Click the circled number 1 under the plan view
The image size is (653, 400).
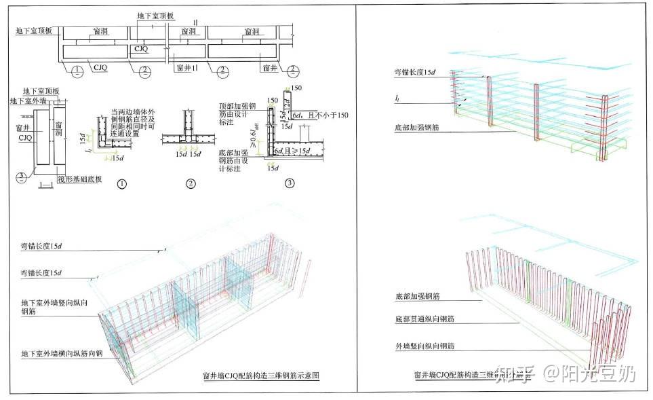pos(79,71)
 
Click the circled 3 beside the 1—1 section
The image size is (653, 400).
pos(22,177)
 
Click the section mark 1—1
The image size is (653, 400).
pos(47,185)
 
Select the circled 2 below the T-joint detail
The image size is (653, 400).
pos(191,183)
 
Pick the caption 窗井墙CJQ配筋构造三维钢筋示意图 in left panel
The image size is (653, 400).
pos(261,375)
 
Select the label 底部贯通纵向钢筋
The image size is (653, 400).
pos(424,319)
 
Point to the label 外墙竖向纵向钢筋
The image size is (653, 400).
pos(424,346)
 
